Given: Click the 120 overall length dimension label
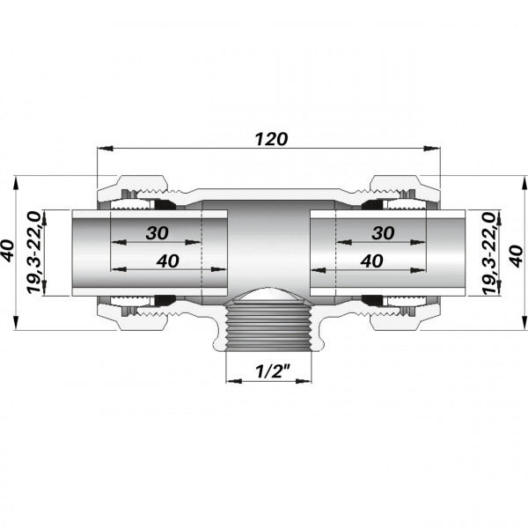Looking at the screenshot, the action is [271, 139].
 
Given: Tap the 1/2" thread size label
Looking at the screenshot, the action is [273, 371].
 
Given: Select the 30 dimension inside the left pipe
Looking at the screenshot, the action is [158, 233].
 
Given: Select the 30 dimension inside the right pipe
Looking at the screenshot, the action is [383, 233].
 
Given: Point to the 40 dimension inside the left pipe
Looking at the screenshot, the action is [168, 261].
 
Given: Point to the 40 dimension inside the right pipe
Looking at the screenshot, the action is [371, 261].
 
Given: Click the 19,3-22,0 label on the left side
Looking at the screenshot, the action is [33, 253].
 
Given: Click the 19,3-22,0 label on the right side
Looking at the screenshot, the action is [489, 253].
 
